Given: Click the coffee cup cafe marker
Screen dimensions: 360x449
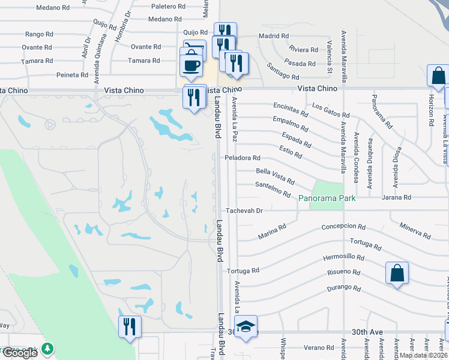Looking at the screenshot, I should (x=191, y=65).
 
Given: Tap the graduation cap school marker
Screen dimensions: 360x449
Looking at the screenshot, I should (x=246, y=328).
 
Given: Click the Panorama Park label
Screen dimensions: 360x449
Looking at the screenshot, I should (x=328, y=198).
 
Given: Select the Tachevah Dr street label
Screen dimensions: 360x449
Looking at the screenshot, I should (x=244, y=211).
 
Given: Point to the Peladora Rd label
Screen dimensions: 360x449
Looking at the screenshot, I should (x=243, y=158).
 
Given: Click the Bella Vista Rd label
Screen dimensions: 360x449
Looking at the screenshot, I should (x=275, y=176).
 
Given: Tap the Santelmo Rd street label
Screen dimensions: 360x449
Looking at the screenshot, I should (x=273, y=189).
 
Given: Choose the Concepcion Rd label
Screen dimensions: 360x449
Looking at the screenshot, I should (x=343, y=227).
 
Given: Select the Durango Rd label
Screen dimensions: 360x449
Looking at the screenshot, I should (x=344, y=288).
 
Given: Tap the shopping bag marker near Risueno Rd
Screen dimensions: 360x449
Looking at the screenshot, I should (x=397, y=273).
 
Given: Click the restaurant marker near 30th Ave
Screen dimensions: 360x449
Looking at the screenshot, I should (x=130, y=328).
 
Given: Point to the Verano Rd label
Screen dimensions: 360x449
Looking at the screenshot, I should (x=318, y=347).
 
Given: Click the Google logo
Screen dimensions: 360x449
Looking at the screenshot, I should (x=20, y=352).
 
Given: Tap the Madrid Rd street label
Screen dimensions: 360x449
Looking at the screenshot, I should (x=270, y=36).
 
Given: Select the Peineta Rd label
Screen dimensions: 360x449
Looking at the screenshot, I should (x=56, y=75).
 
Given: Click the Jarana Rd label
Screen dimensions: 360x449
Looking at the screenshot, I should (x=399, y=197).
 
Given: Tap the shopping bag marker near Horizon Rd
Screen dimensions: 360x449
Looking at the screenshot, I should (x=438, y=77).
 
